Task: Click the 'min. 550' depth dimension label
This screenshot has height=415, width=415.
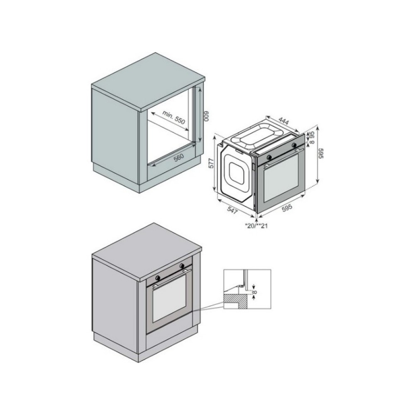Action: (x=173, y=117)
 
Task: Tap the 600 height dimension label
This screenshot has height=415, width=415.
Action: (x=207, y=116)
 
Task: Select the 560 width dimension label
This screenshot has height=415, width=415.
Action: (x=178, y=157)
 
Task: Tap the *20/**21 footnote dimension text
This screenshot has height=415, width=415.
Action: (x=256, y=226)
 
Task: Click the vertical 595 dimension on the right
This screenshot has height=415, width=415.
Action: (x=321, y=153)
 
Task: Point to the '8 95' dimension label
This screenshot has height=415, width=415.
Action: (x=312, y=137)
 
